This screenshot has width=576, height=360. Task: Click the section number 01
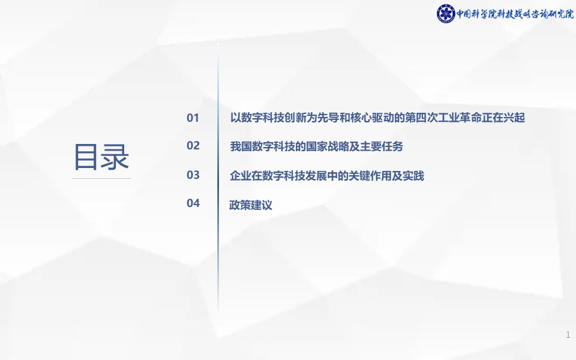(x=193, y=118)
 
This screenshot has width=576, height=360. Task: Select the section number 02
(x=193, y=145)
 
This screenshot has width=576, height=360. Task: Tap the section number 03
(x=193, y=175)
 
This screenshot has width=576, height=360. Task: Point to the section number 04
(x=193, y=203)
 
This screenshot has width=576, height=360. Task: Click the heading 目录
(x=101, y=157)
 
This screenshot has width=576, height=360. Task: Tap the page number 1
(x=568, y=335)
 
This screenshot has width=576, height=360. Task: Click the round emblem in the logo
(x=446, y=14)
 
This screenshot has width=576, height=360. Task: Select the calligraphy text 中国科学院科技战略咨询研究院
(x=515, y=14)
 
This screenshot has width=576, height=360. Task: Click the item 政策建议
(x=251, y=205)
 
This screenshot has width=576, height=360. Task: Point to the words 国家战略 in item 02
(x=328, y=146)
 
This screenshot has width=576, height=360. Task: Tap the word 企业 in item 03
(x=241, y=176)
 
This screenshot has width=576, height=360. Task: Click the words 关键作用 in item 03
(x=370, y=176)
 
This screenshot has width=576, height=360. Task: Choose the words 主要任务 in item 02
(x=382, y=146)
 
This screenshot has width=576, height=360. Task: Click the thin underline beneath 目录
(x=102, y=179)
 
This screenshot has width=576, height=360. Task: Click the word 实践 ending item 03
(x=413, y=176)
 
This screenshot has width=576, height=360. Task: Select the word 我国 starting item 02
(x=241, y=146)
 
